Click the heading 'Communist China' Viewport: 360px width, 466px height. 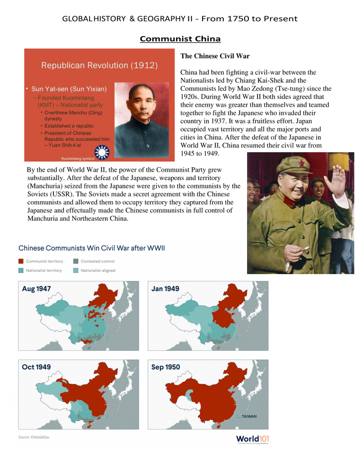[180, 39]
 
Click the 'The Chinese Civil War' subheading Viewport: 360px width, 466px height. [215, 56]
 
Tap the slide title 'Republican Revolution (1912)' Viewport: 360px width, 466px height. [99, 65]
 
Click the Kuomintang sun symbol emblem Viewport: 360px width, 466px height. [103, 153]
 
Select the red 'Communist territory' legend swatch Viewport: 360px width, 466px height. [21, 261]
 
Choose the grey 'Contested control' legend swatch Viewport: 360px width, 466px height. [76, 261]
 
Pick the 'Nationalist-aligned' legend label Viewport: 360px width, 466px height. [98, 271]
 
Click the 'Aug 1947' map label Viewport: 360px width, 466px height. [36, 289]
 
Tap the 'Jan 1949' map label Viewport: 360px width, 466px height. [165, 289]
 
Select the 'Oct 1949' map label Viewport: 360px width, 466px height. [36, 367]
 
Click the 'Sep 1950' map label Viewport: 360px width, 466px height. [166, 367]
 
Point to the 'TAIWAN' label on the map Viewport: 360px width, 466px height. [249, 416]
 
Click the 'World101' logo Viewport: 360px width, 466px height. [252, 439]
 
